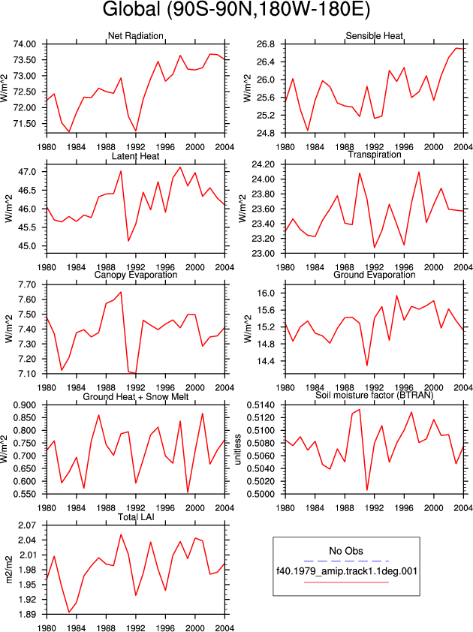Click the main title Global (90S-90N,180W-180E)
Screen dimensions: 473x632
(x=236, y=10)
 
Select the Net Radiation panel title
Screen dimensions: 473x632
(x=135, y=36)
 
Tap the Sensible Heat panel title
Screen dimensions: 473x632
(x=374, y=36)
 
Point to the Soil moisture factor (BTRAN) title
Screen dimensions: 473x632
(x=374, y=395)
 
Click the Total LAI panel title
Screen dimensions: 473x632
(x=136, y=517)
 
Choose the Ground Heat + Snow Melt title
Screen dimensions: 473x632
(x=136, y=397)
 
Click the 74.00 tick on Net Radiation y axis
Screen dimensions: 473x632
(x=25, y=44)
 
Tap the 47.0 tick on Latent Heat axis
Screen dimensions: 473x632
(x=29, y=172)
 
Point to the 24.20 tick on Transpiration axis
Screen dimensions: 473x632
(x=264, y=164)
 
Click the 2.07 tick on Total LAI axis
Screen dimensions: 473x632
(x=27, y=525)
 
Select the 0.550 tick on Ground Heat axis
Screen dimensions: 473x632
(x=25, y=494)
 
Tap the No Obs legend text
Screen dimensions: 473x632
(x=346, y=551)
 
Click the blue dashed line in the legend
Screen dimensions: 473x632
(x=346, y=561)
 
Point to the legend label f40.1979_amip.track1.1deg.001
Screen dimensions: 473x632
(x=347, y=571)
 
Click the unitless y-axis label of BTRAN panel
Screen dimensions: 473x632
(x=237, y=450)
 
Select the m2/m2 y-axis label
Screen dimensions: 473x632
(x=9, y=570)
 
